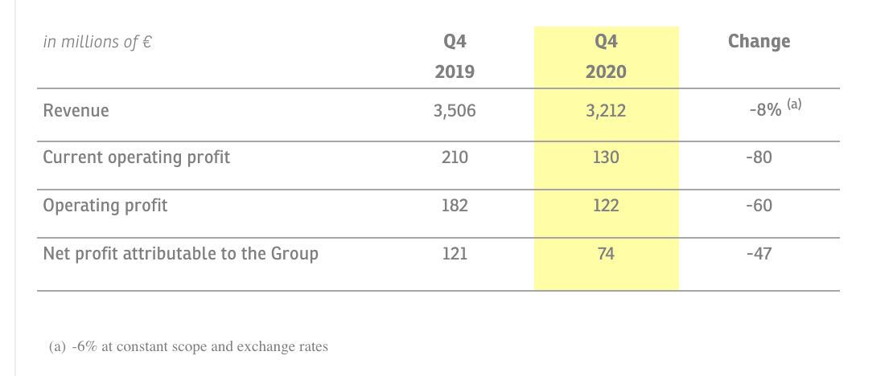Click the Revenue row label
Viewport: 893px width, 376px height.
76,110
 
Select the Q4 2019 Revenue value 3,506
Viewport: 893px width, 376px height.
455,110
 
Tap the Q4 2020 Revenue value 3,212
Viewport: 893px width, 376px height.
606,110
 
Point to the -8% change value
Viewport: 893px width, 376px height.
765,110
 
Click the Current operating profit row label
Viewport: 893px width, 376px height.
137,157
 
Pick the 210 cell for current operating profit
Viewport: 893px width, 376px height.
455,157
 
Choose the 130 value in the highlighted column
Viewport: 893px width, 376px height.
606,157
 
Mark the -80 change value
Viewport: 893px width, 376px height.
759,157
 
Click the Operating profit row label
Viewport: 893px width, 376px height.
105,206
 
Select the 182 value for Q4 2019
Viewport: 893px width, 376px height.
455,205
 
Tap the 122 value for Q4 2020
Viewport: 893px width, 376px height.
606,205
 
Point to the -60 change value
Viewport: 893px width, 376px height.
759,205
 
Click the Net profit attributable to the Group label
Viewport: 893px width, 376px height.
180,254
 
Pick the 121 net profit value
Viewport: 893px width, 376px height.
455,253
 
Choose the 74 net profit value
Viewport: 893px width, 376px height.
606,253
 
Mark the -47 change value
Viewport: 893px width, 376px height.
759,253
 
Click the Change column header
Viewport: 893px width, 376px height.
759,42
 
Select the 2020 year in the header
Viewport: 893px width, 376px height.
606,72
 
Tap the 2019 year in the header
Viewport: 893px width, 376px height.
455,72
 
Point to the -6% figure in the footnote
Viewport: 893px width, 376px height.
84,346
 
